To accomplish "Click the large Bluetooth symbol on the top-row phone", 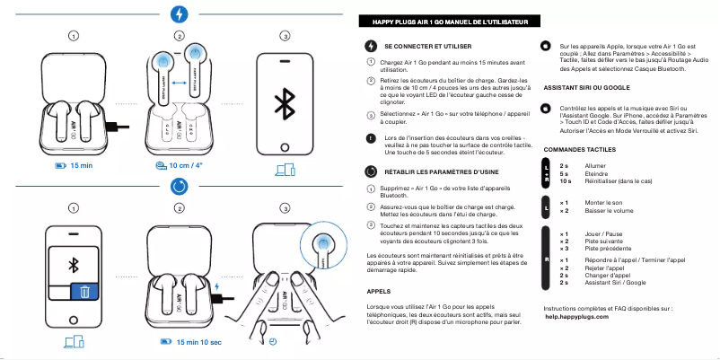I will [285, 101].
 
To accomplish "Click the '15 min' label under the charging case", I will [81, 166].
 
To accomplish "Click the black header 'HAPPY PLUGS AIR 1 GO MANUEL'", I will [449, 21].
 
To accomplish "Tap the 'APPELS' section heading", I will [378, 291].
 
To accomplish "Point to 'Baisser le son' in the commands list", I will [607, 211].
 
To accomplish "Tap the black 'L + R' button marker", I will [547, 173].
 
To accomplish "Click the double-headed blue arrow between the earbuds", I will [178, 82].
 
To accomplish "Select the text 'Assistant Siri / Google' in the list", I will [615, 283].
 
